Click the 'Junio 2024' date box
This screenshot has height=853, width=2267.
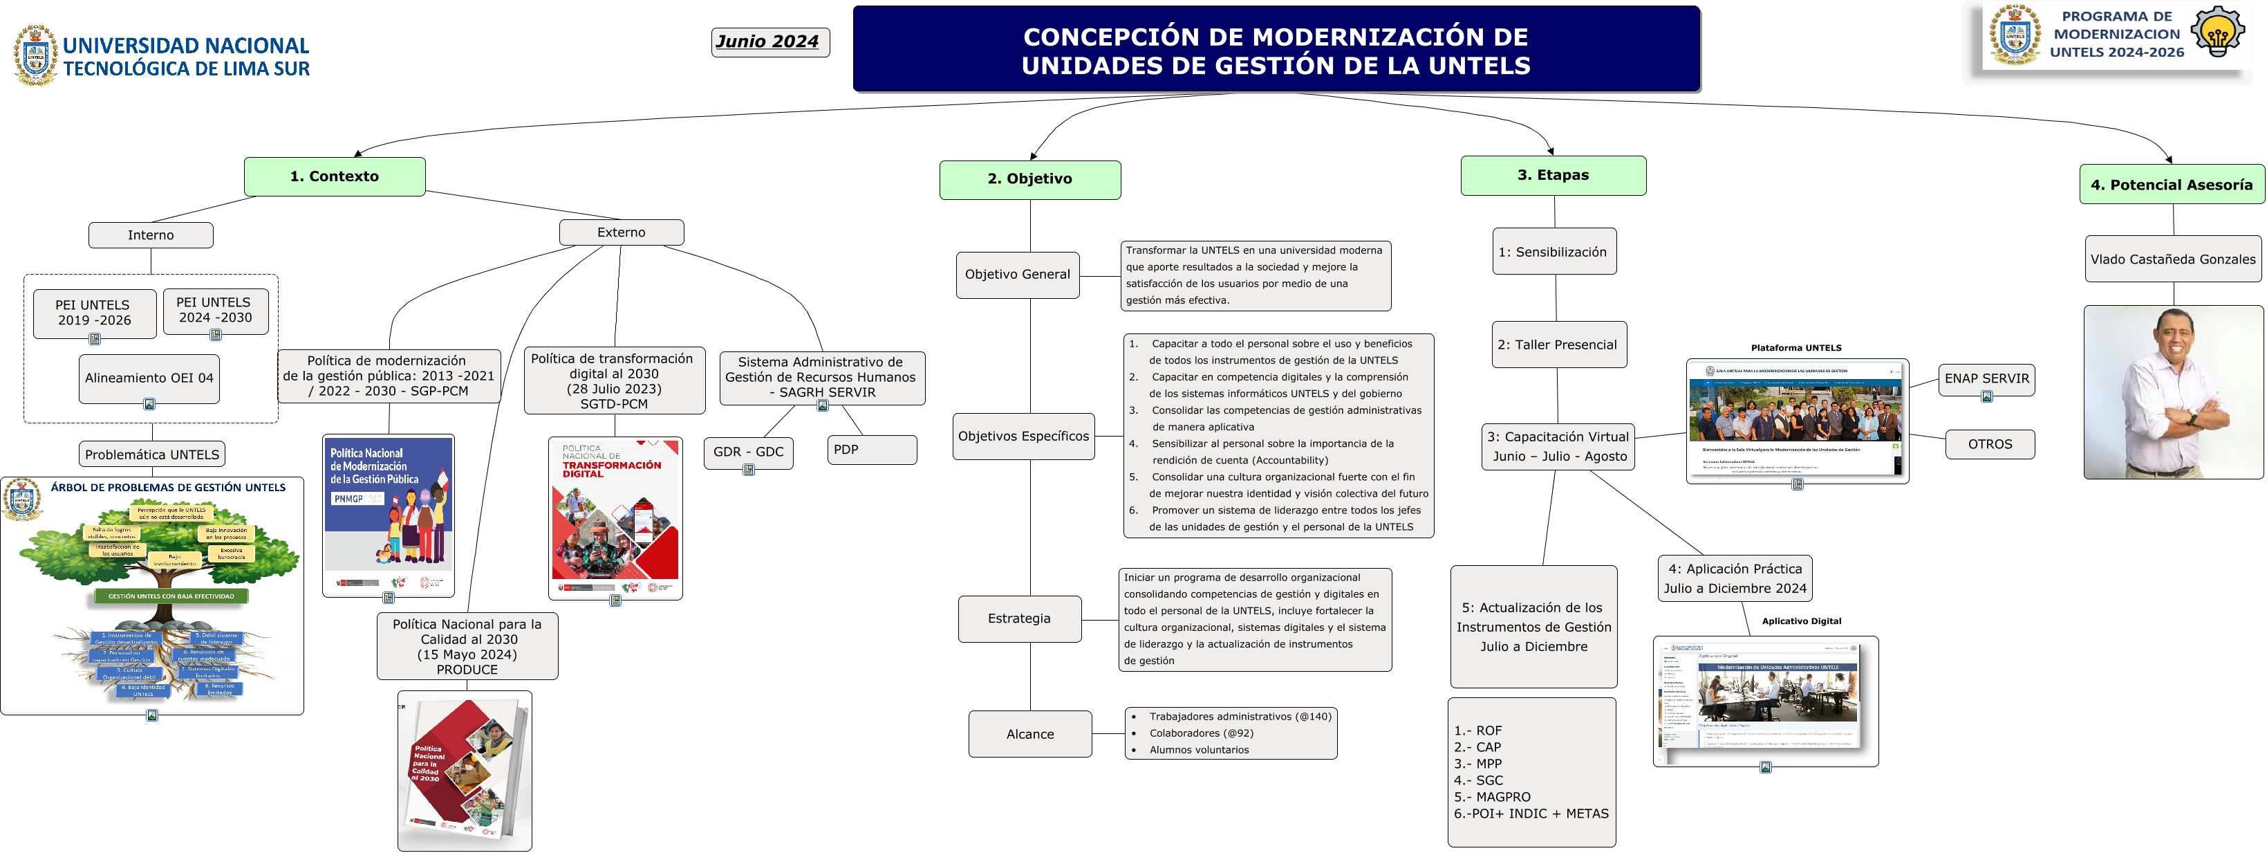[x=770, y=42]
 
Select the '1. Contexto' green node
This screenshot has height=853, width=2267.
[x=335, y=176]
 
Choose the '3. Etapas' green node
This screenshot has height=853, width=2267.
[x=1554, y=175]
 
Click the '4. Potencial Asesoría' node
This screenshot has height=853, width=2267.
[x=2171, y=185]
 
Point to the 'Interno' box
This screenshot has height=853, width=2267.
[x=151, y=235]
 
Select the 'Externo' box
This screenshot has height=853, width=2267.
[x=622, y=232]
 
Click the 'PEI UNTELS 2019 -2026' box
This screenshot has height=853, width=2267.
[x=94, y=313]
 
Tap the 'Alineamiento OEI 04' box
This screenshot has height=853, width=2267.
[x=149, y=378]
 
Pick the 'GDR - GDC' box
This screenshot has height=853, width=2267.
[x=748, y=452]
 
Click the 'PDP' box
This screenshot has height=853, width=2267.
[x=871, y=450]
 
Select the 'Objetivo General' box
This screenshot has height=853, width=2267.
[x=1017, y=275]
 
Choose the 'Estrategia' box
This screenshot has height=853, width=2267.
[x=1019, y=619]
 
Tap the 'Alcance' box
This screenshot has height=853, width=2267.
[x=1029, y=734]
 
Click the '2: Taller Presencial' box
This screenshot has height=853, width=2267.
[x=1557, y=345]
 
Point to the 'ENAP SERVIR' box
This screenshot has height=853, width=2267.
[x=1986, y=379]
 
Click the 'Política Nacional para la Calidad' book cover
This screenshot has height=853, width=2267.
[x=464, y=770]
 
